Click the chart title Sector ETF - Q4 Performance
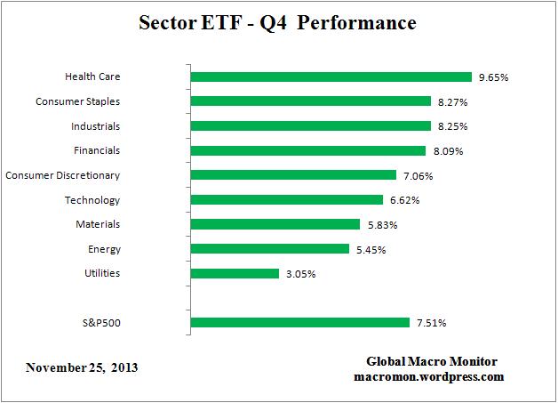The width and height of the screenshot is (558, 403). coord(278,22)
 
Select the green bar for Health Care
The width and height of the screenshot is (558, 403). coord(331,77)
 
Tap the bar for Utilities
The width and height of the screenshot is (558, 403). coord(235,273)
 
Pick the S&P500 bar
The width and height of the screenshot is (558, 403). coord(299,322)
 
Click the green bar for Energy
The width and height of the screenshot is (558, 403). coord(270,249)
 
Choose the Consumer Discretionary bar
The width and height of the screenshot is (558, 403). coord(293,175)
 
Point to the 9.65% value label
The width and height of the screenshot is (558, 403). coord(492,77)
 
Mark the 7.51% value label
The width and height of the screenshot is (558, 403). coord(430,322)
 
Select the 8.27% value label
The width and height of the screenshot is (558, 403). coord(451,102)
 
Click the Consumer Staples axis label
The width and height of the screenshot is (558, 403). coord(77,102)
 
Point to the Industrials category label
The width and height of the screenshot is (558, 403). coord(95,126)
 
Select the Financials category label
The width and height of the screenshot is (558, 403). coord(97,151)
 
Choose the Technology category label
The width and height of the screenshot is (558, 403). coord(92,200)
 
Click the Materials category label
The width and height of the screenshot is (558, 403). coord(98,224)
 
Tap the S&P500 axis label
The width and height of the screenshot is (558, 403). coord(99,322)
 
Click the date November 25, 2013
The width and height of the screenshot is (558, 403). coord(82,367)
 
